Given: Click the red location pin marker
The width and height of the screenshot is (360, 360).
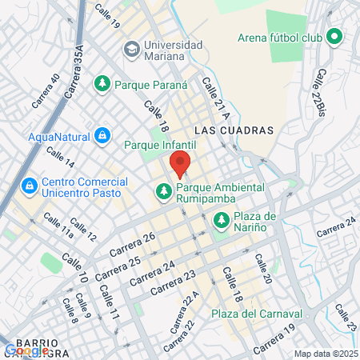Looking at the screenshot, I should (181, 163).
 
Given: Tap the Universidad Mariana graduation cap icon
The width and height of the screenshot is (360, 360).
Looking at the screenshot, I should (130, 50).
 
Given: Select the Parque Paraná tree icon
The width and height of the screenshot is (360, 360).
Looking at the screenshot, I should (102, 83).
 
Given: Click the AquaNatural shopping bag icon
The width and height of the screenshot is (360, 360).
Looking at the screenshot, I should (102, 135).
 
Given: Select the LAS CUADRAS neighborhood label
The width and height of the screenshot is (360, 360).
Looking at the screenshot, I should (234, 130).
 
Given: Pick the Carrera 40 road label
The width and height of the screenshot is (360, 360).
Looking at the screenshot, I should (45, 91).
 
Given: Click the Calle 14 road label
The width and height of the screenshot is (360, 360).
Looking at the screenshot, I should (61, 156).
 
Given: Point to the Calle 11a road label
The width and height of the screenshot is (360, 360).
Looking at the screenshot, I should (58, 225).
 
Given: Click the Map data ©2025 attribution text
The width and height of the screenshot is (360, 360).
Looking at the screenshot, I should (324, 354).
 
